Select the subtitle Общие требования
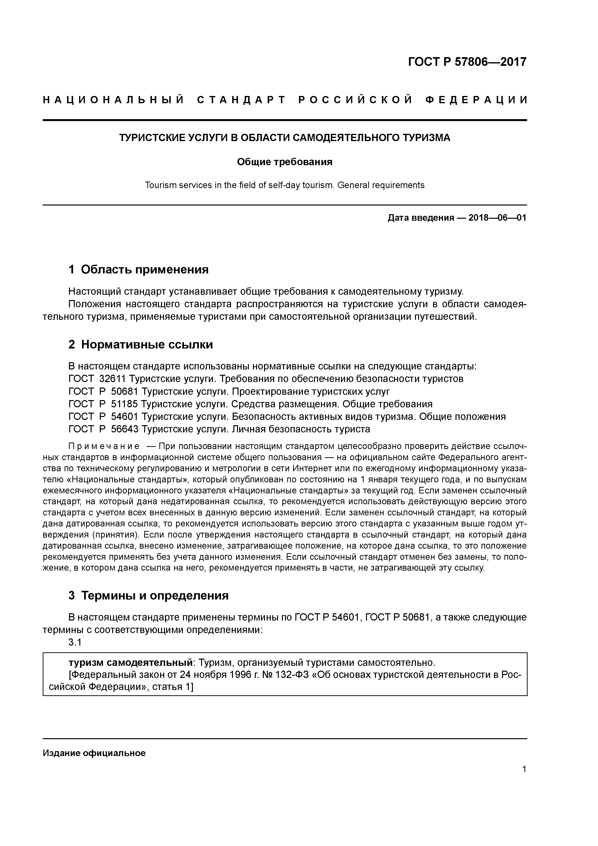[285, 162]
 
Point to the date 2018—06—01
[497, 218]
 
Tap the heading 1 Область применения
[139, 270]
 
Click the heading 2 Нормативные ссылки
[141, 345]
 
